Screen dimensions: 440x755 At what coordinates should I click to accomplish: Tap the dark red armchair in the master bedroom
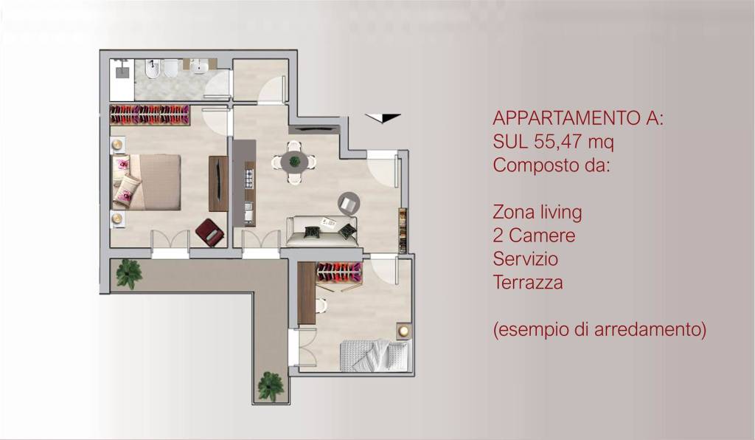[x=210, y=233]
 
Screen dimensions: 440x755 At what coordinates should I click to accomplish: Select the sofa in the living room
[x=321, y=231]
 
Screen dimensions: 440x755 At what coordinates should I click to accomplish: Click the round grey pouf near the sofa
[x=348, y=202]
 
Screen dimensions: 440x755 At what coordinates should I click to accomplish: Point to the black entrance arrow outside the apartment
[x=383, y=117]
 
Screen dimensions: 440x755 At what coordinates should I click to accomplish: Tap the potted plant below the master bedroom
[x=130, y=272]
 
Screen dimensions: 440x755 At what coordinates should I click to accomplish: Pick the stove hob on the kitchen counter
[x=248, y=178]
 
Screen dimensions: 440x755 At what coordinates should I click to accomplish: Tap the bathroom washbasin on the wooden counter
[x=199, y=66]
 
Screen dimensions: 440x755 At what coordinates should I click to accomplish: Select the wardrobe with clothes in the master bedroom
[x=150, y=114]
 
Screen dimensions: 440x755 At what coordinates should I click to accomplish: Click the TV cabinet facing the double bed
[x=218, y=183]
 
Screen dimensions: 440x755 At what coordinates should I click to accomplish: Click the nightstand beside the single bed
[x=403, y=331]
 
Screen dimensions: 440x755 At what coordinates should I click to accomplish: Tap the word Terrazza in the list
[x=528, y=282]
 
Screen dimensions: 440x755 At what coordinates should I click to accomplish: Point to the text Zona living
[x=537, y=213]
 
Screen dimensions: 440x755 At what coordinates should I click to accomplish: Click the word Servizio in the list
[x=525, y=259]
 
